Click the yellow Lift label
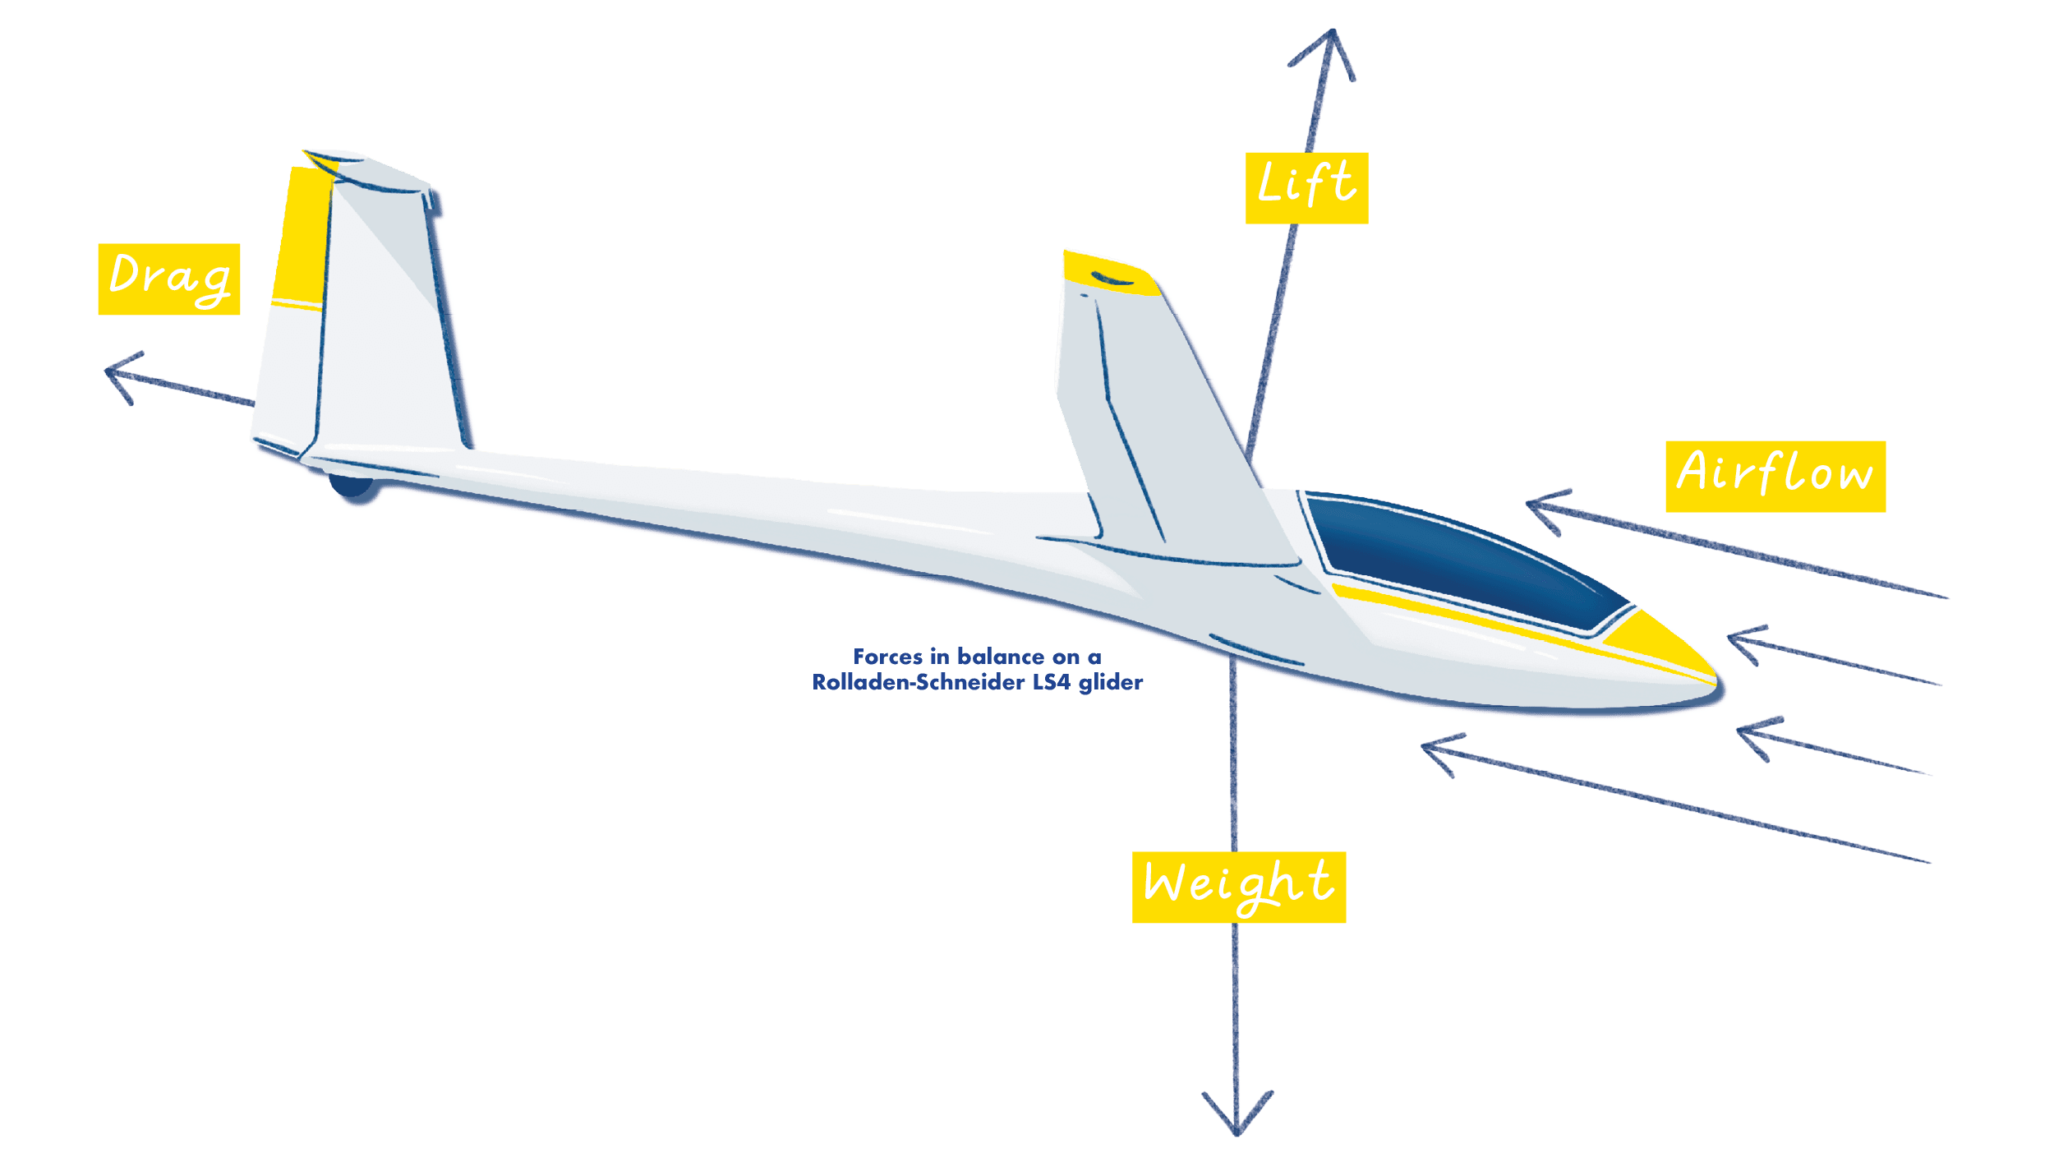(1306, 187)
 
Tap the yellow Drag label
(168, 279)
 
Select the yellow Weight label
(1238, 887)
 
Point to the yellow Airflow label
(1775, 476)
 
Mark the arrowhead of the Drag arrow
(111, 371)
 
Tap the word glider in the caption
(1111, 682)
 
